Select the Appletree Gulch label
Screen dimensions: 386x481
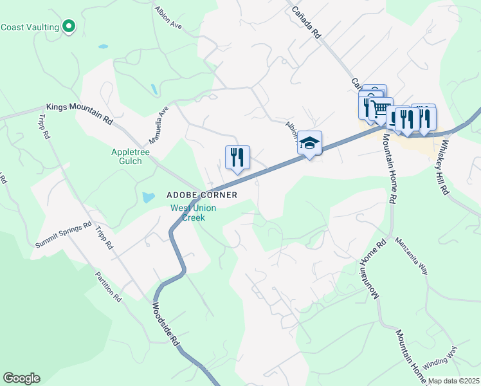click(126, 156)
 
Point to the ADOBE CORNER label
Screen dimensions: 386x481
click(202, 194)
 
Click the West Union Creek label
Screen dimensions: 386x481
click(193, 212)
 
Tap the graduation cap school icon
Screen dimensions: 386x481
click(309, 143)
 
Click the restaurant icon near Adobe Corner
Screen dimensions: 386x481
click(237, 156)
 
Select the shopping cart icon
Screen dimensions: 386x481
click(380, 108)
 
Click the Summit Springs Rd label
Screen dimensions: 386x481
click(64, 235)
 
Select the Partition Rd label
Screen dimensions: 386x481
click(108, 286)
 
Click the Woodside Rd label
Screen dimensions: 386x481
click(166, 326)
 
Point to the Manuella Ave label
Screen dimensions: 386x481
click(158, 125)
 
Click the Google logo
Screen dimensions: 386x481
click(21, 378)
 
